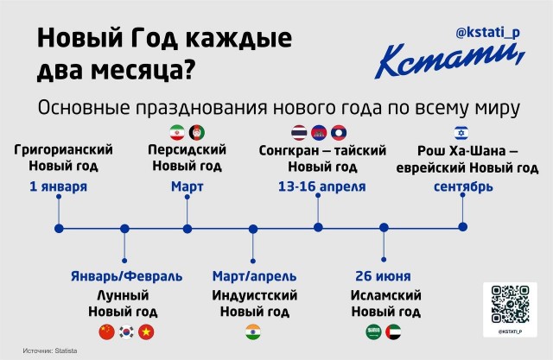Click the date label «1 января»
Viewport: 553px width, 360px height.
click(58, 186)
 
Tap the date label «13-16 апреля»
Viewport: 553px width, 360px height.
click(321, 186)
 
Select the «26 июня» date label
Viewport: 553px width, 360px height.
click(383, 276)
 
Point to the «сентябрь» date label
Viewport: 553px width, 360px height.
click(464, 186)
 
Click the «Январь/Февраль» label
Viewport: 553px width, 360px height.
click(126, 276)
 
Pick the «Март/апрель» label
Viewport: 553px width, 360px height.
click(253, 276)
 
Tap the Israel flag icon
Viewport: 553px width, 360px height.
click(463, 132)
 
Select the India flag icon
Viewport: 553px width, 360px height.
click(253, 331)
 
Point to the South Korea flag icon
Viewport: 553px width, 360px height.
click(126, 331)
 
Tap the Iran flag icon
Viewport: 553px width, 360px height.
click(177, 132)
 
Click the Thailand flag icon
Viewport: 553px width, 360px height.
click(300, 132)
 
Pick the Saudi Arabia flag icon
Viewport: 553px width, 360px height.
click(373, 331)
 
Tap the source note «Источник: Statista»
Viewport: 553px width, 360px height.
click(56, 351)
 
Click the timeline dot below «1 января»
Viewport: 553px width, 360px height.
click(58, 228)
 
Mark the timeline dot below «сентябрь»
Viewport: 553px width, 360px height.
click(464, 228)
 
